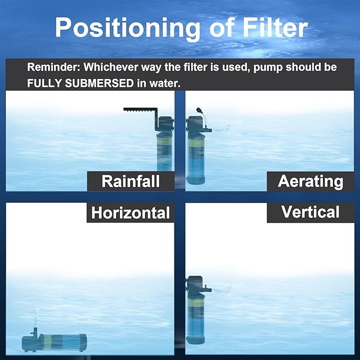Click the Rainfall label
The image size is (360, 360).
point(130,181)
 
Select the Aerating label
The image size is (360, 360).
point(310,181)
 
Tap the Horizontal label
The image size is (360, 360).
point(130,213)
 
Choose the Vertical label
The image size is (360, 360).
point(310,212)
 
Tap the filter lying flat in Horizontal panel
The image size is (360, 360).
point(53,342)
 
